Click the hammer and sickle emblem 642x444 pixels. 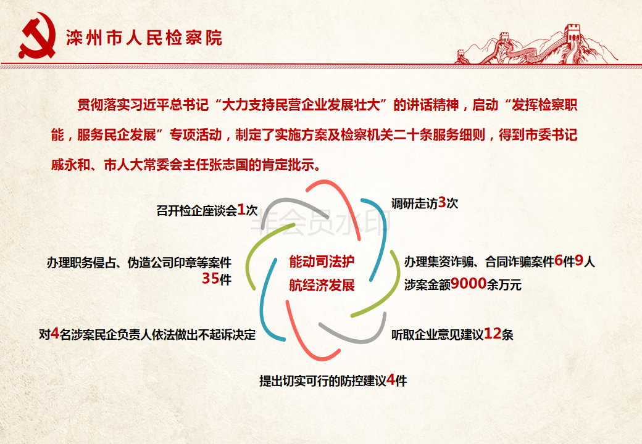click(x=37, y=36)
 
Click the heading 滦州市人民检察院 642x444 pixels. click(x=144, y=38)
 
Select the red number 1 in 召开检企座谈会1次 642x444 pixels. click(x=241, y=210)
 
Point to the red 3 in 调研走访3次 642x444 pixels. click(x=442, y=202)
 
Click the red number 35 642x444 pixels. click(x=211, y=278)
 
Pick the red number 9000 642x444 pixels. click(x=469, y=283)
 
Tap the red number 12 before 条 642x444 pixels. click(x=493, y=334)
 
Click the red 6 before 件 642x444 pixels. click(x=559, y=260)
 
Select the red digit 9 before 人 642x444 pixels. click(x=579, y=260)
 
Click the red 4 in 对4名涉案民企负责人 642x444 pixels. click(x=55, y=334)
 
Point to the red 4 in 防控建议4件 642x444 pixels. click(x=391, y=380)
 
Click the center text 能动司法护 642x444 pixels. click(x=322, y=261)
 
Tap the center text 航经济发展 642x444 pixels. click(x=322, y=285)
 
